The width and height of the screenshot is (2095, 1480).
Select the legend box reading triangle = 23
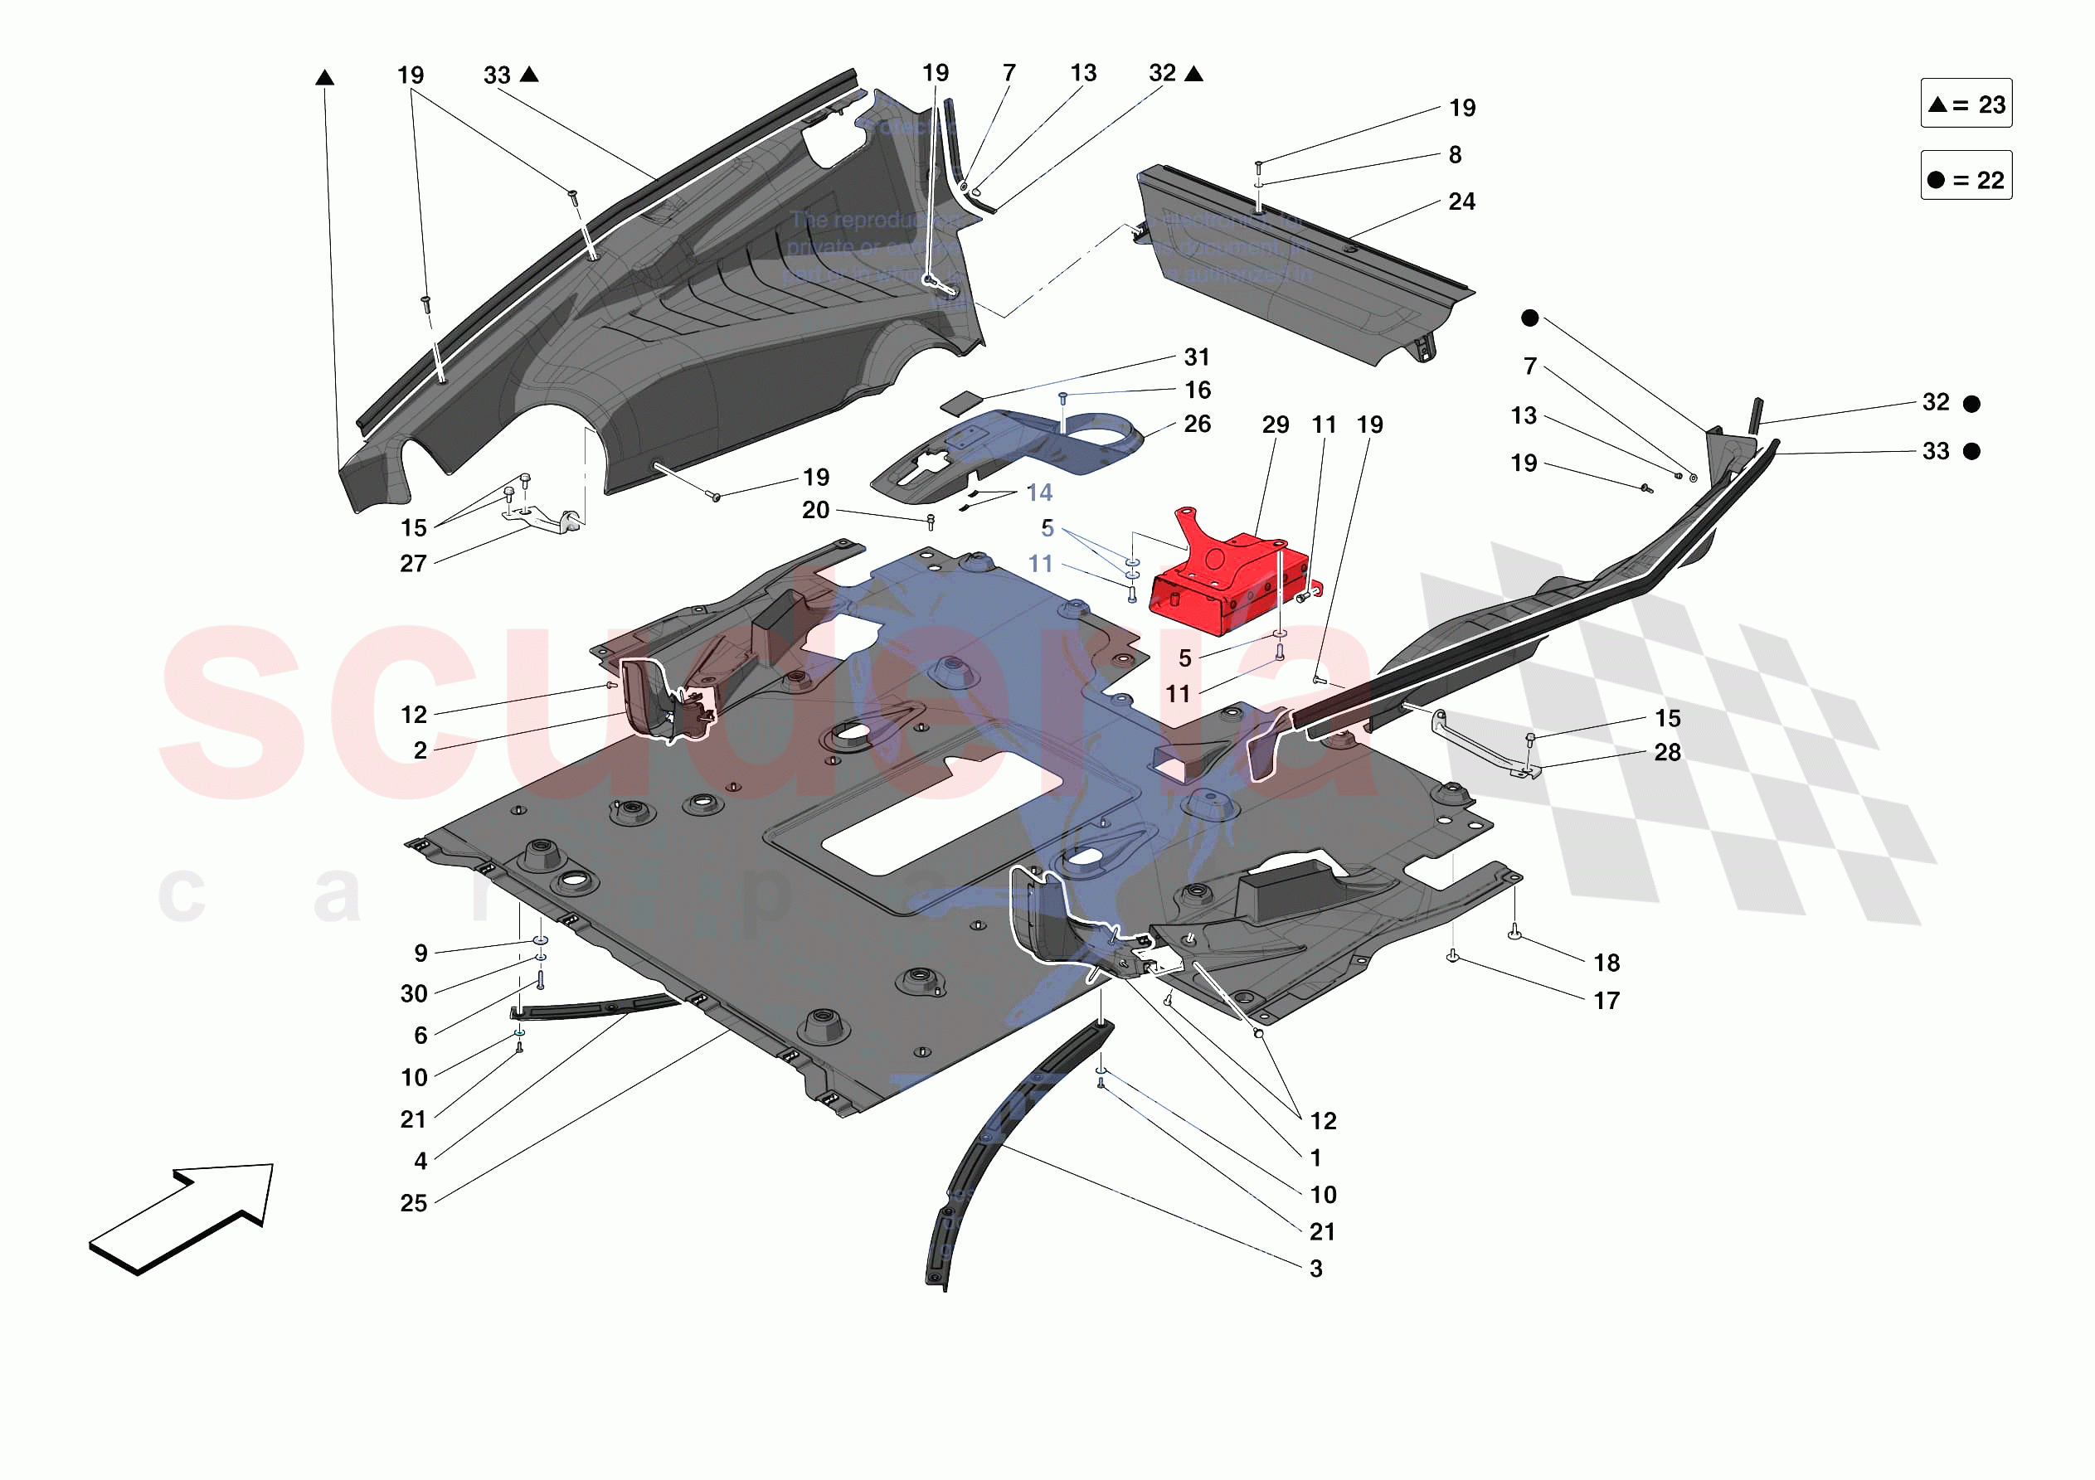1966,104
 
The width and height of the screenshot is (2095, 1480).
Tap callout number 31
1196,357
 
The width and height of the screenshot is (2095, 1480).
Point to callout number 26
1196,425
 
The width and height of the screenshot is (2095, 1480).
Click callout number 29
1275,425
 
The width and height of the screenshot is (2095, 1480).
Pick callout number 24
1461,201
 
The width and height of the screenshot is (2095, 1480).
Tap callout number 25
413,1204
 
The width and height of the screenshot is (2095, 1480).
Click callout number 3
1315,1269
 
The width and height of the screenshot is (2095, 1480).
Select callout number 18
1606,963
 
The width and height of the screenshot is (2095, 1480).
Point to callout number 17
1606,1002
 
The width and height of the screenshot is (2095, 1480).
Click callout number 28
1667,753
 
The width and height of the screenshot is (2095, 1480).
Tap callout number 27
413,564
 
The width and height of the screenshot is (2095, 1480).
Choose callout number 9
420,954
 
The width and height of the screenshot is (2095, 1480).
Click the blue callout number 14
1039,493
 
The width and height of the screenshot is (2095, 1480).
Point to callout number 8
1455,155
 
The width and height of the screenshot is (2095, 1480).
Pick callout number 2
420,751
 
